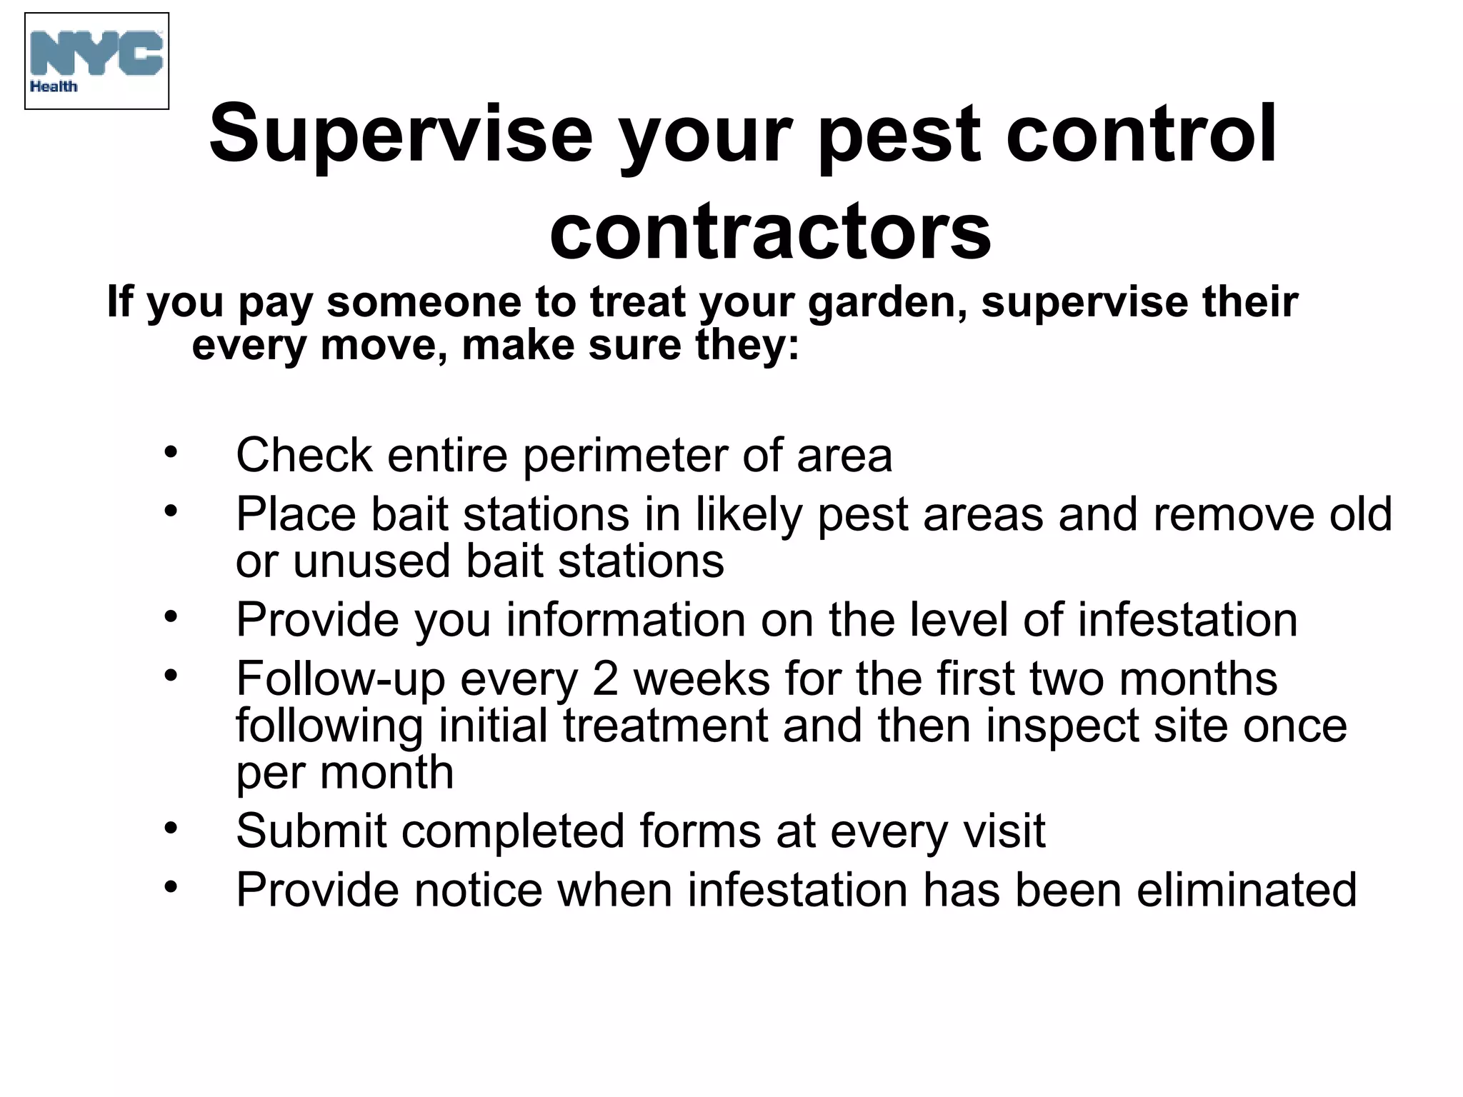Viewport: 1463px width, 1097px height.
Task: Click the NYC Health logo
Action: click(x=96, y=61)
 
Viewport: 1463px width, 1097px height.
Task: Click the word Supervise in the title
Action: click(x=400, y=134)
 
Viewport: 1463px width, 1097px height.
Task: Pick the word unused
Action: click(x=371, y=561)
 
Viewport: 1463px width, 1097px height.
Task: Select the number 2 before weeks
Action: click(x=605, y=678)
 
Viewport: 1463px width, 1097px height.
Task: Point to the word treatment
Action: click(x=665, y=726)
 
